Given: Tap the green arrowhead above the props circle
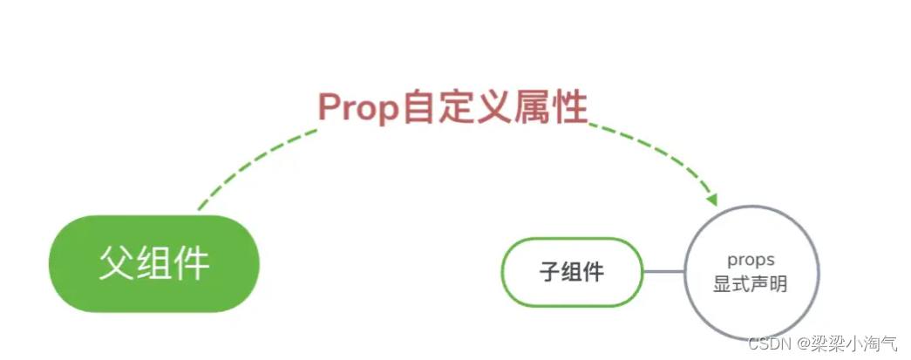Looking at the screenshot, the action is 712,200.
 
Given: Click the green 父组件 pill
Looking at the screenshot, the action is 154,263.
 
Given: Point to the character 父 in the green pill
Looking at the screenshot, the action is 116,263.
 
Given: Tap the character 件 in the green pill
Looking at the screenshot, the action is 192,263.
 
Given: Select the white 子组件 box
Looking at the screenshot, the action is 572,272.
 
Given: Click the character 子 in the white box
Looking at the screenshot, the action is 548,272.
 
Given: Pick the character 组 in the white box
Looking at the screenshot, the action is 572,272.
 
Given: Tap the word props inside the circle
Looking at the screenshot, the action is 751,261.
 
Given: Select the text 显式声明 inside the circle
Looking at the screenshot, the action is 751,284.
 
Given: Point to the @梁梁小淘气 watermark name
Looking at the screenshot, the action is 849,343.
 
